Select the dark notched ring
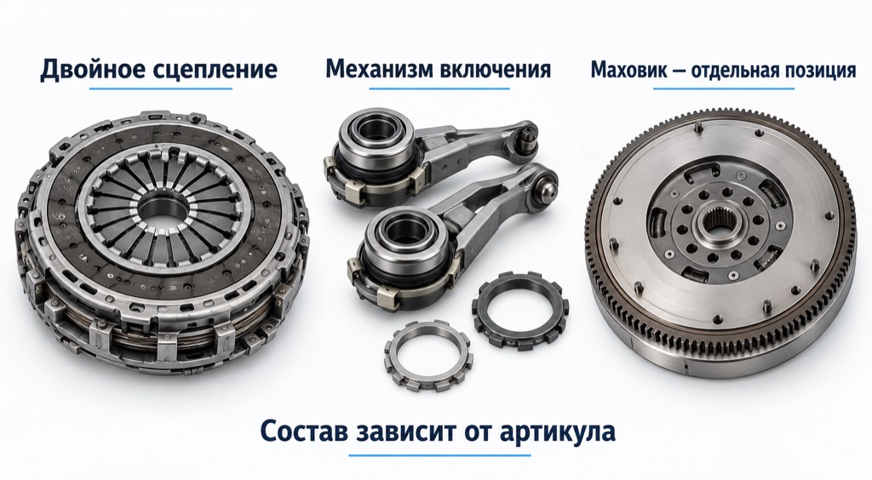(x=520, y=311)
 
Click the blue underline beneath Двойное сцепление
(x=160, y=89)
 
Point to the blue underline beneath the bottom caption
(x=440, y=455)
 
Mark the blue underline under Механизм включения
(x=439, y=89)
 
